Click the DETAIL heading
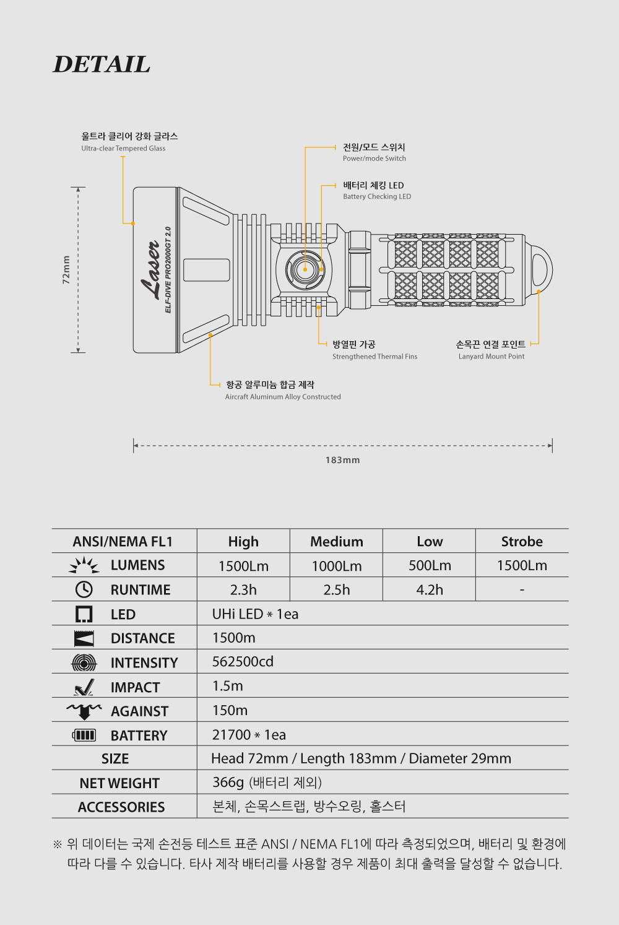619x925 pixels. (x=102, y=64)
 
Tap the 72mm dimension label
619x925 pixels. (x=66, y=270)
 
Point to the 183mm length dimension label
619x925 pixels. (x=342, y=460)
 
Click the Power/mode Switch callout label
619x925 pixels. (x=374, y=159)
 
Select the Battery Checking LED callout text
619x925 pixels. (x=377, y=196)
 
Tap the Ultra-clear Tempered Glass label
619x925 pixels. (x=123, y=148)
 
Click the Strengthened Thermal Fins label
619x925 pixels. (x=374, y=357)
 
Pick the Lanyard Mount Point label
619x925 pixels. (x=491, y=357)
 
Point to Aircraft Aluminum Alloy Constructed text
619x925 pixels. (x=283, y=397)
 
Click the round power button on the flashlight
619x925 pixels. (x=305, y=270)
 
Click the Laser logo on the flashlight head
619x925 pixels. (x=150, y=270)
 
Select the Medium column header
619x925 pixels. (x=337, y=541)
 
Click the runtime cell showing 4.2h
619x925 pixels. (x=430, y=589)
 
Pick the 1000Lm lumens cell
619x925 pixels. (x=337, y=566)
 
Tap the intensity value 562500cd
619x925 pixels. (x=243, y=661)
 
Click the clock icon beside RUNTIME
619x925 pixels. (x=84, y=589)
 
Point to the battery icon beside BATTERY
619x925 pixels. (x=84, y=735)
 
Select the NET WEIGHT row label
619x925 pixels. (x=119, y=783)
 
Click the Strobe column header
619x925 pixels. (x=522, y=541)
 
